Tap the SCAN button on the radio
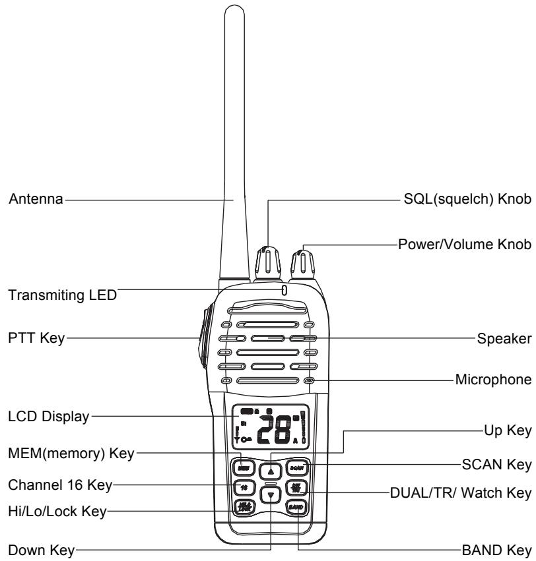pyautogui.click(x=295, y=467)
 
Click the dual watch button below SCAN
pyautogui.click(x=295, y=488)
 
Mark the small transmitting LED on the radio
pyautogui.click(x=284, y=290)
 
